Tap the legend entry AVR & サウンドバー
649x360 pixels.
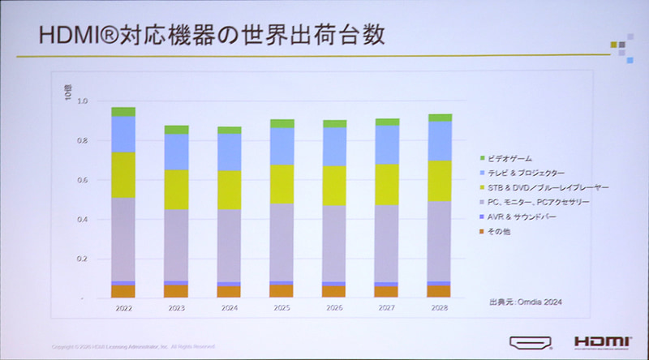click(x=523, y=217)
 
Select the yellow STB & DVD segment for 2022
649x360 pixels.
click(x=123, y=175)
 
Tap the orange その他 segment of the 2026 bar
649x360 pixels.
click(x=335, y=291)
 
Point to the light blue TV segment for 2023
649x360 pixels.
click(x=176, y=152)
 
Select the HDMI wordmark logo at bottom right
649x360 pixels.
click(x=601, y=342)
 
